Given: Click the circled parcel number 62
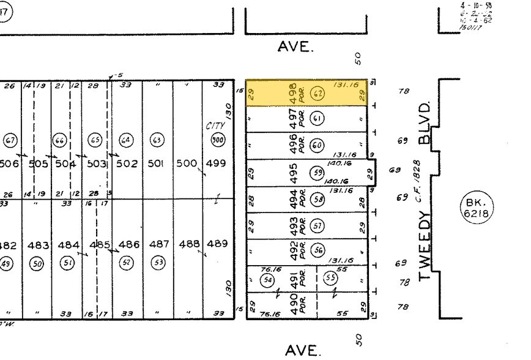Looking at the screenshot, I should pos(317,94).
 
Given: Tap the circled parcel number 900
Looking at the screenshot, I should pos(217,140).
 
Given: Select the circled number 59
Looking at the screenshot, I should pos(317,172).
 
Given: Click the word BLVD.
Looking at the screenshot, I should pos(426,121).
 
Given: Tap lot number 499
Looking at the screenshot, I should pos(217,163).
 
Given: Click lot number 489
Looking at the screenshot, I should pos(217,244).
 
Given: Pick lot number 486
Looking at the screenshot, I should pos(129,244).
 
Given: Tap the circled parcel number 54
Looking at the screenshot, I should pos(267,279).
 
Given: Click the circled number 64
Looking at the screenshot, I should pos(126,140).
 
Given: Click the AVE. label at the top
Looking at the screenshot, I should pos(295,47).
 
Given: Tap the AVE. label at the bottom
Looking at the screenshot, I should pos(302,350).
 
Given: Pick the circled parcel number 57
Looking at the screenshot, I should pos(317,226).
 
